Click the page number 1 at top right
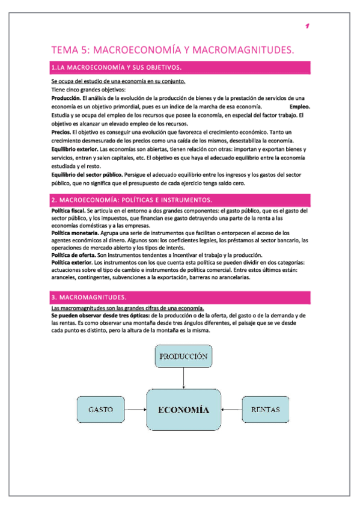click(x=307, y=26)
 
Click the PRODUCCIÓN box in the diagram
click(x=183, y=357)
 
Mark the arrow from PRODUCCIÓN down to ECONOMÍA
click(x=183, y=379)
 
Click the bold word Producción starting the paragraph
click(x=66, y=98)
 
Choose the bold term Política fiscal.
click(x=68, y=211)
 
